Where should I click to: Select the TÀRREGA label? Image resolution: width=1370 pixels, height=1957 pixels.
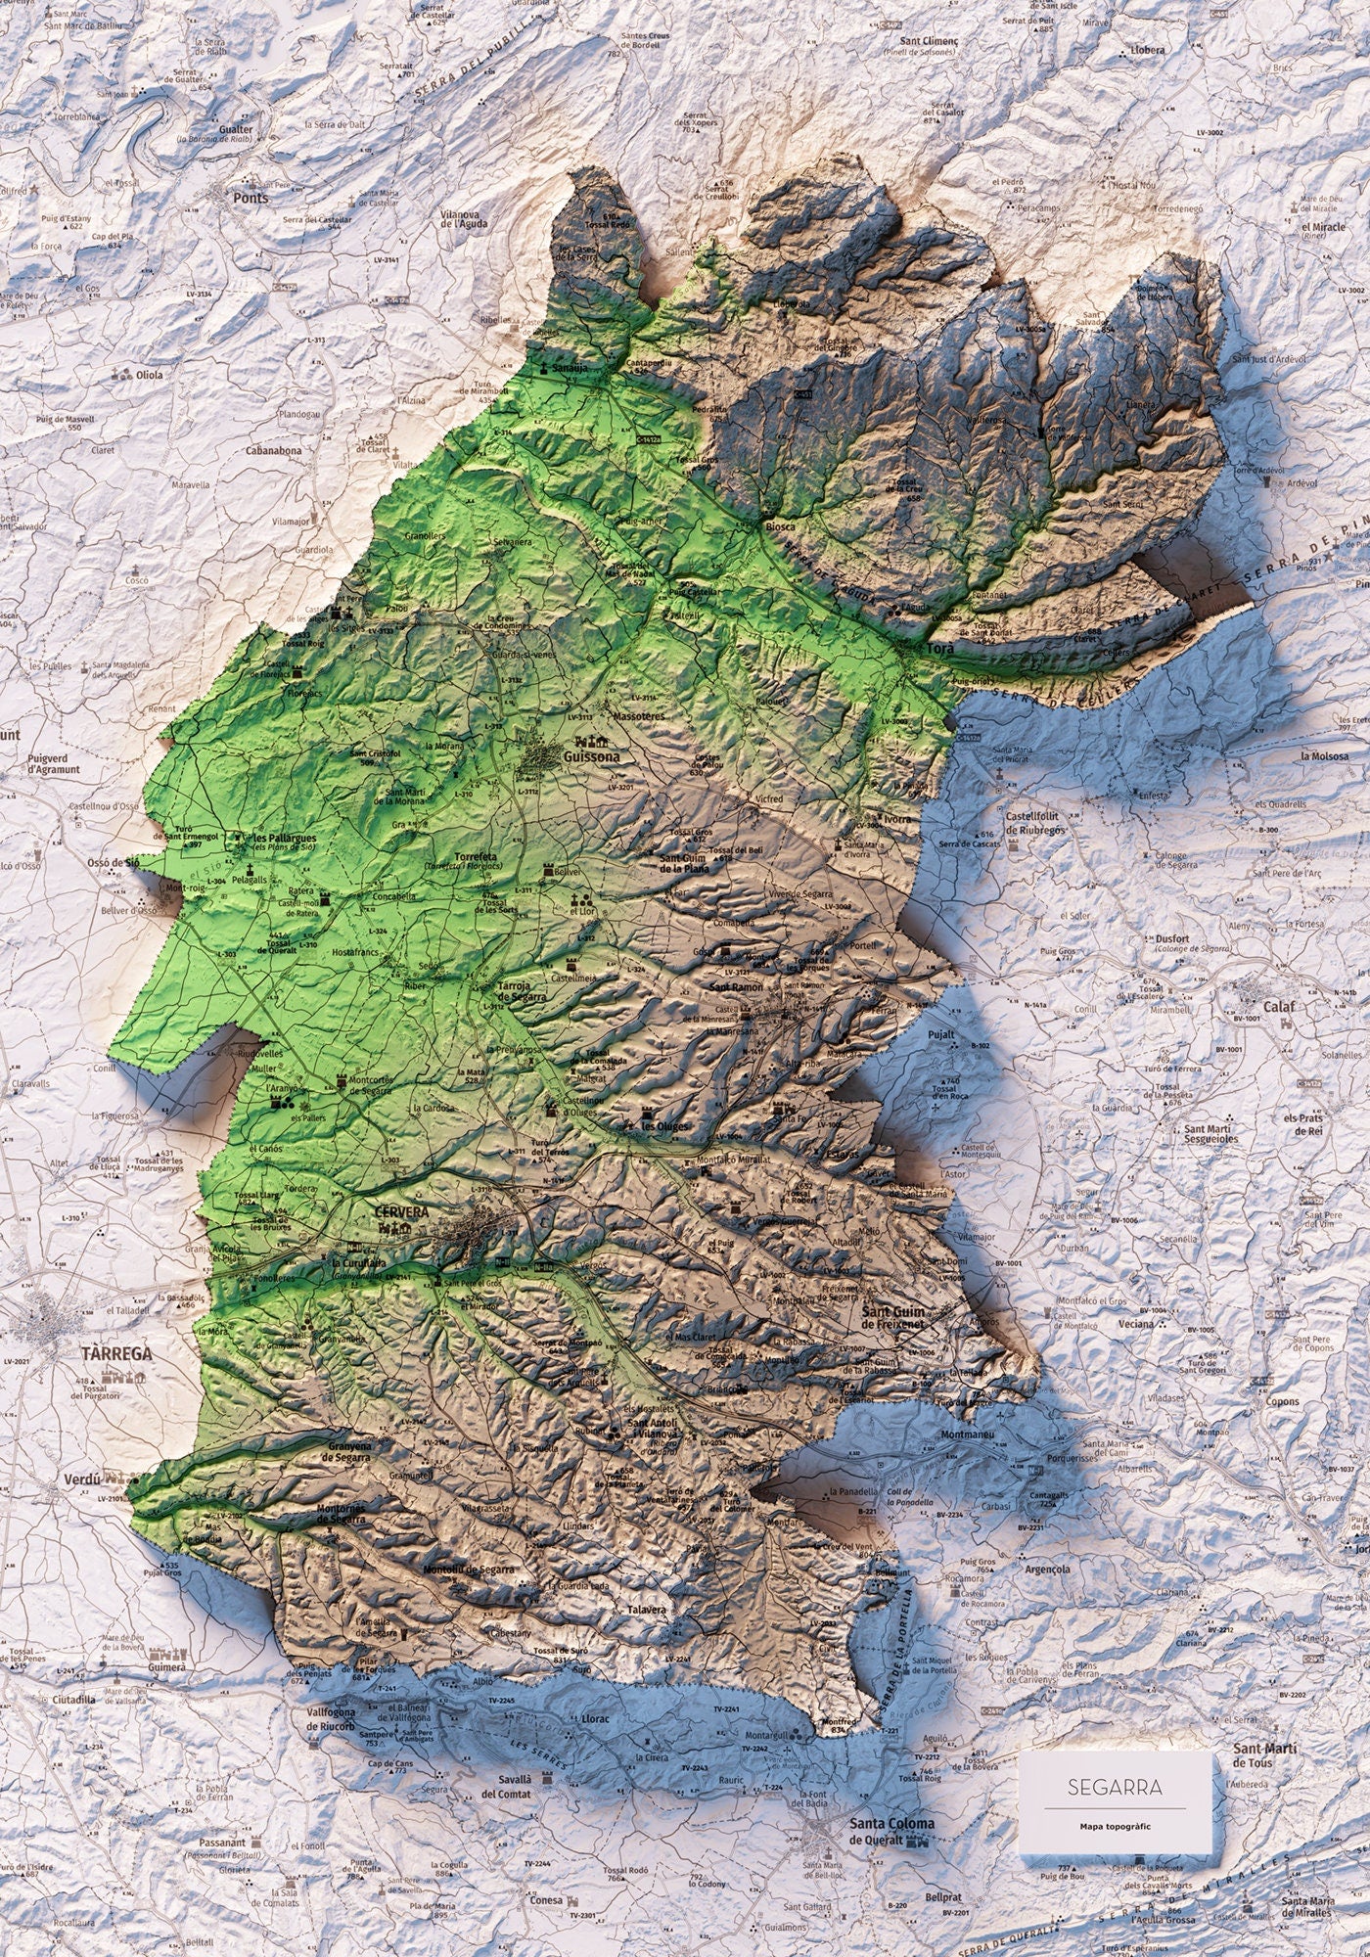[x=117, y=1354]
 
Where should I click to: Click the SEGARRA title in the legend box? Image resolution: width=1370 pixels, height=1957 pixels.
[x=1116, y=1786]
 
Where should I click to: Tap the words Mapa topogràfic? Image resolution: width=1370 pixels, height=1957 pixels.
[x=1116, y=1825]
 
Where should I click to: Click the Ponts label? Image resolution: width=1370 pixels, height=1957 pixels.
[x=251, y=197]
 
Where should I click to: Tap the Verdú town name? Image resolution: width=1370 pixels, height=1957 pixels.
[x=78, y=1479]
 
